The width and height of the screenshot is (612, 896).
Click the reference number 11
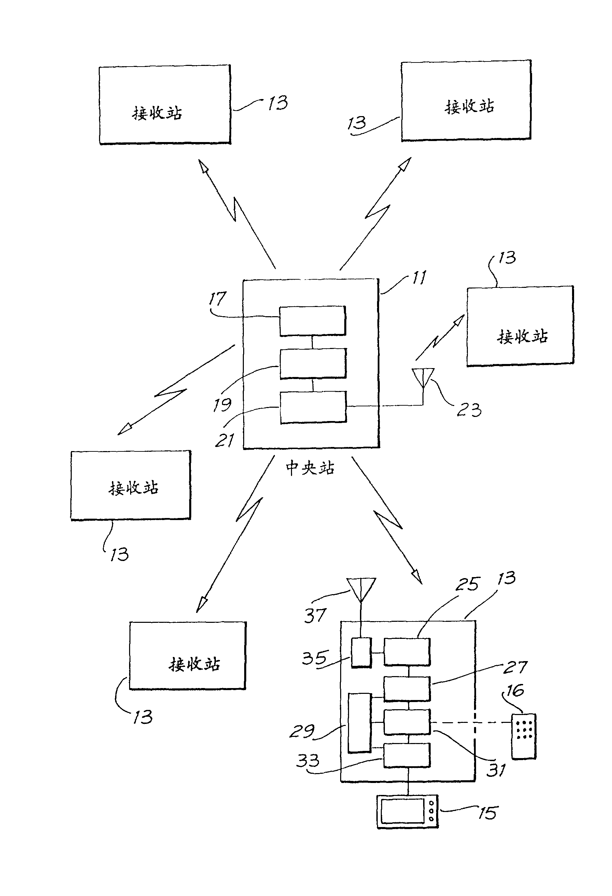[419, 277]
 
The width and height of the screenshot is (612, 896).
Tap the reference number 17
[218, 298]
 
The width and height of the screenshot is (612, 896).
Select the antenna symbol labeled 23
[423, 378]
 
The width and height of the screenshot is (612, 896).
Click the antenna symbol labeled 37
[361, 589]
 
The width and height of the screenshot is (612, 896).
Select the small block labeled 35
[361, 652]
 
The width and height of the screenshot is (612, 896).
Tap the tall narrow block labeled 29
[359, 723]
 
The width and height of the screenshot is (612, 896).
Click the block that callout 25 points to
[407, 652]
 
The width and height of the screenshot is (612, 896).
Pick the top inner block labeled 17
[312, 321]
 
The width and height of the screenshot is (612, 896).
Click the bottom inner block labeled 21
[313, 407]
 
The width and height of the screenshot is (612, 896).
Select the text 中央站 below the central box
[310, 468]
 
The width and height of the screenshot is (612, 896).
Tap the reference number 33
[308, 761]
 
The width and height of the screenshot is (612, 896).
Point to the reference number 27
[515, 667]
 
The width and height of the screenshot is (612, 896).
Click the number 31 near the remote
[496, 770]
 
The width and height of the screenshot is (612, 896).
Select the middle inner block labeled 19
[313, 364]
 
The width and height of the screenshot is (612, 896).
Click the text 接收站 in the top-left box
[157, 113]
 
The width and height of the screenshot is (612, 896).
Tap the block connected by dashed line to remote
[407, 722]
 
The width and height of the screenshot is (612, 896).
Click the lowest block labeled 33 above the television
[407, 755]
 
